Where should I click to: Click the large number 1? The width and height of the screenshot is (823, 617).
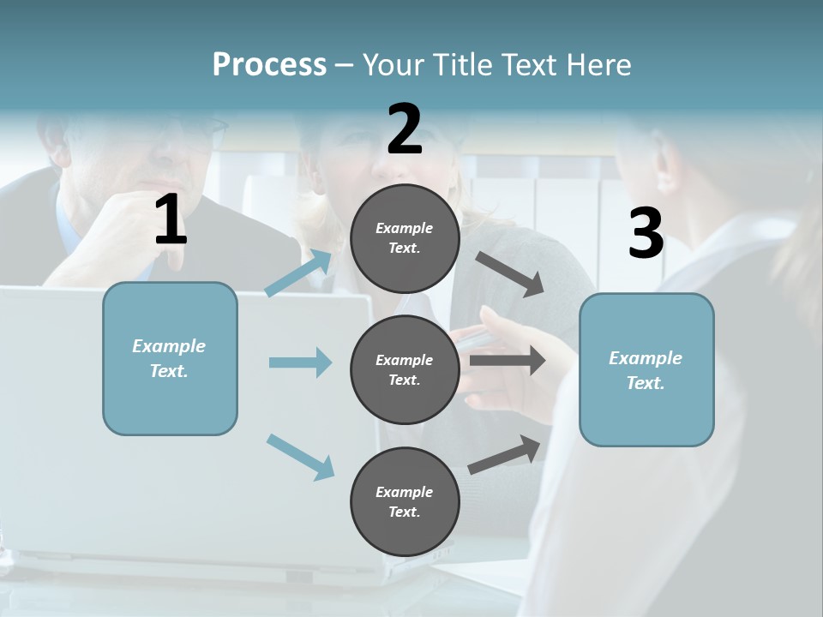pyautogui.click(x=171, y=220)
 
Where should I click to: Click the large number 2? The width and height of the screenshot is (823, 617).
pyautogui.click(x=405, y=129)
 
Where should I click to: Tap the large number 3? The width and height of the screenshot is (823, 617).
pyautogui.click(x=646, y=233)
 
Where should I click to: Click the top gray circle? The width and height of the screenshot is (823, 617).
pyautogui.click(x=405, y=238)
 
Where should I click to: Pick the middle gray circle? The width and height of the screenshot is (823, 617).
pyautogui.click(x=405, y=369)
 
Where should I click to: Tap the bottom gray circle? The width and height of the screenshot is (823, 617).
pyautogui.click(x=405, y=501)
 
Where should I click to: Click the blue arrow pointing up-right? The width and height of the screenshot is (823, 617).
pyautogui.click(x=299, y=272)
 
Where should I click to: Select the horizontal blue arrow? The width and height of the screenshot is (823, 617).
pyautogui.click(x=300, y=362)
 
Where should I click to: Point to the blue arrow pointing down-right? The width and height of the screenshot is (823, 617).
pyautogui.click(x=300, y=456)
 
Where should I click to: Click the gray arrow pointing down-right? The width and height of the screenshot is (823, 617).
pyautogui.click(x=510, y=274)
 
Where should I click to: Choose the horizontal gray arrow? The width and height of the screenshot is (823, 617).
pyautogui.click(x=508, y=361)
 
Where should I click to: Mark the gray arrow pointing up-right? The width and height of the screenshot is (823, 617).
pyautogui.click(x=504, y=455)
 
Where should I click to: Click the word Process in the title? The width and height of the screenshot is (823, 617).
pyautogui.click(x=269, y=64)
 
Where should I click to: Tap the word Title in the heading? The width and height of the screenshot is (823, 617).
pyautogui.click(x=460, y=64)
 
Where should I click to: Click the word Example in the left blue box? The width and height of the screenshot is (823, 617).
pyautogui.click(x=169, y=346)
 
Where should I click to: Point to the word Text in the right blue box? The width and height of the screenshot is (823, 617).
pyautogui.click(x=645, y=383)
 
